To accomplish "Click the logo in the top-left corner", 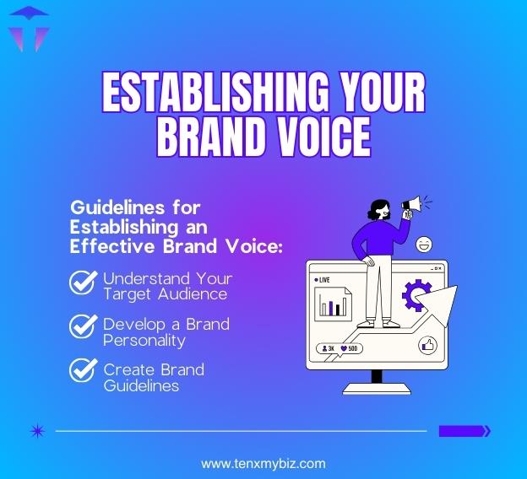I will coord(27,27).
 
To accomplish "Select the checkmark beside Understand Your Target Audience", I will coord(83,283).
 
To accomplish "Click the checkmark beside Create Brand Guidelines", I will coord(83,372).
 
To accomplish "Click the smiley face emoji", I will coord(424,245).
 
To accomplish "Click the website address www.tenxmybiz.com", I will coord(263,463).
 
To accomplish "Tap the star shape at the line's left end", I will coord(36,431).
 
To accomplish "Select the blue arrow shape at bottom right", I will coord(465,431).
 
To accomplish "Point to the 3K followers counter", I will coord(329,347).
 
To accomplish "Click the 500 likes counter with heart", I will coord(350,347).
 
